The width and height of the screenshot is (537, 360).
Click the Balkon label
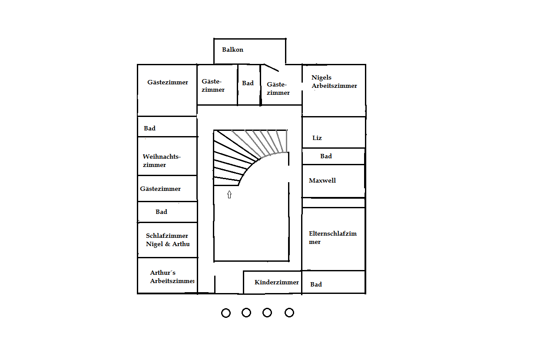(232, 50)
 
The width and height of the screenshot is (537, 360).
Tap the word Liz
(317, 138)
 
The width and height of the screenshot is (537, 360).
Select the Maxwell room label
(322, 180)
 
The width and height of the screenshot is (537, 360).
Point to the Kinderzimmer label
(277, 282)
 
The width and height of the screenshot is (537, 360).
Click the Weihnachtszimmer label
(161, 160)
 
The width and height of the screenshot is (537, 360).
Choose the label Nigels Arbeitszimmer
(334, 82)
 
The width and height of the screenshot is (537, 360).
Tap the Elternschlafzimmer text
(332, 237)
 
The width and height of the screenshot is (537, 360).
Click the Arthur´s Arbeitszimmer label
(172, 277)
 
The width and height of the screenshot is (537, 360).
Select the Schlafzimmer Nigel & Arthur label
(168, 240)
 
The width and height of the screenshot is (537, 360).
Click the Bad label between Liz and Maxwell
(326, 156)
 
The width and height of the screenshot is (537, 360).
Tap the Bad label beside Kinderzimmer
(316, 284)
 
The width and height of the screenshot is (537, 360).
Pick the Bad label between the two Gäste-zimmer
(248, 83)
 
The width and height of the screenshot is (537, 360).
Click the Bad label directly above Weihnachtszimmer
(149, 128)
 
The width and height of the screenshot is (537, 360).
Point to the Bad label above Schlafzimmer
(161, 212)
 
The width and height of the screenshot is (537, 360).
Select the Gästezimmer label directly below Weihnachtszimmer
(160, 189)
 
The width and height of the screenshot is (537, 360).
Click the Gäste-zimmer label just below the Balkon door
(278, 88)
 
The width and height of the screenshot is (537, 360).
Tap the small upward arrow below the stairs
(229, 194)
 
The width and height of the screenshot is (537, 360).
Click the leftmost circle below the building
(226, 313)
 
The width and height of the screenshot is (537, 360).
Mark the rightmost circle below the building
(289, 313)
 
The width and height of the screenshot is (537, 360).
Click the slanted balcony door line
(271, 67)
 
